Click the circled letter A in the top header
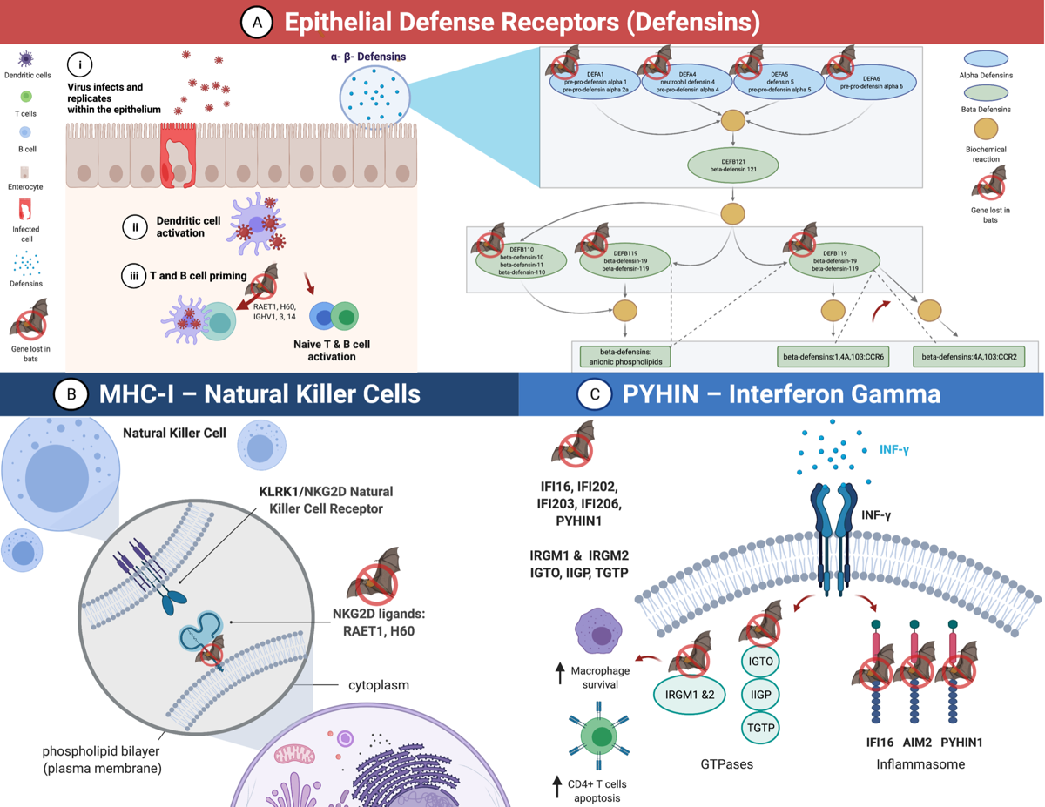tap(256, 23)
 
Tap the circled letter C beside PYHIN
tap(595, 394)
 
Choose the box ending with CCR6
tap(834, 357)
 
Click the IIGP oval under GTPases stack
tap(761, 695)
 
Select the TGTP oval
tap(761, 728)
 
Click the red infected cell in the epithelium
tap(179, 156)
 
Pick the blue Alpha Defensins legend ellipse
tap(986, 59)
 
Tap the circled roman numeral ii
tap(135, 228)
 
